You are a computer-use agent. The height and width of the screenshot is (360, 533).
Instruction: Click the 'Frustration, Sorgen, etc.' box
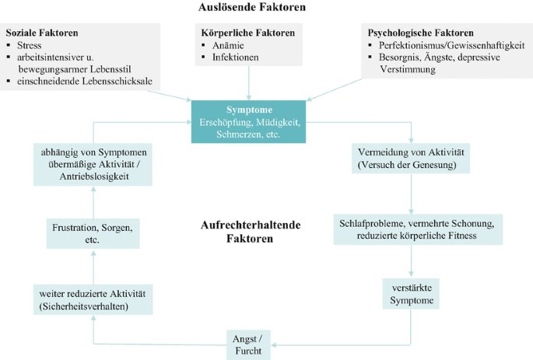point(91,234)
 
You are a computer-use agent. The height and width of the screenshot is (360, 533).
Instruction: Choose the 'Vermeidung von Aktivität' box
point(410,159)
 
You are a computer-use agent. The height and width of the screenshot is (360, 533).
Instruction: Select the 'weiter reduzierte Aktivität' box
point(92,299)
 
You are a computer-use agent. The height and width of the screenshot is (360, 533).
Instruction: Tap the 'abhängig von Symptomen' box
point(92,163)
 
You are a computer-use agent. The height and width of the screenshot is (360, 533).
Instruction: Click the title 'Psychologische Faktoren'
point(421,33)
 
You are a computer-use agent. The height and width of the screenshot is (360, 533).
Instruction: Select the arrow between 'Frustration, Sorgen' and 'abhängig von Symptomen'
point(91,201)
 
